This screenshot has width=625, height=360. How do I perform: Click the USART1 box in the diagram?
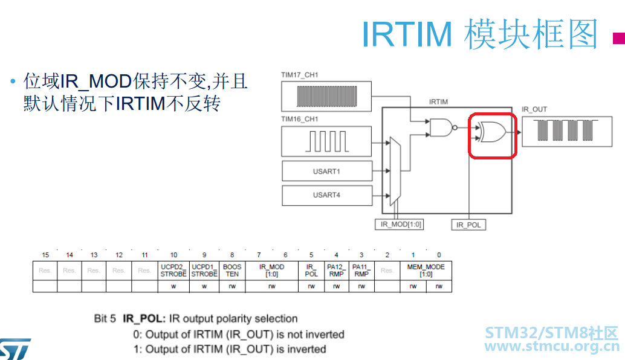(x=327, y=171)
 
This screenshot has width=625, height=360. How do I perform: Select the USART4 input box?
(x=327, y=195)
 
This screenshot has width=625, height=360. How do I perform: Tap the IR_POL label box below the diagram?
(x=468, y=225)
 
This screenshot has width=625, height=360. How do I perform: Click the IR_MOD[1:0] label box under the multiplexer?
(x=399, y=224)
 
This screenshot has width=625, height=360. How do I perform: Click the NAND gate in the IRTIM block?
(x=442, y=127)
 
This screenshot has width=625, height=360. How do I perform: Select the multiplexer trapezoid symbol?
(x=395, y=171)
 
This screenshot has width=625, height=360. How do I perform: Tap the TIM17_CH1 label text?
(x=299, y=75)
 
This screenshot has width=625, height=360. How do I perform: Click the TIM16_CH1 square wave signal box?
(x=326, y=141)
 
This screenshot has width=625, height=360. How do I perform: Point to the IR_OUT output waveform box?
(x=567, y=132)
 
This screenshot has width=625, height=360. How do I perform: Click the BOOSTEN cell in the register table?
(x=232, y=271)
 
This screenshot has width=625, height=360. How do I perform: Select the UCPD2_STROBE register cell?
(x=173, y=271)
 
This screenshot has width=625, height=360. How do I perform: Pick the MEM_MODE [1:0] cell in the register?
(x=426, y=271)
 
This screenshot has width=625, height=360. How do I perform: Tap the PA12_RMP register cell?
(x=337, y=271)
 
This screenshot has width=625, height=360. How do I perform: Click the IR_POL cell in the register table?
(x=311, y=271)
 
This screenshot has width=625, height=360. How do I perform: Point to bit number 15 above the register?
(x=45, y=255)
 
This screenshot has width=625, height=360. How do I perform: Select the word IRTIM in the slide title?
(x=407, y=34)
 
